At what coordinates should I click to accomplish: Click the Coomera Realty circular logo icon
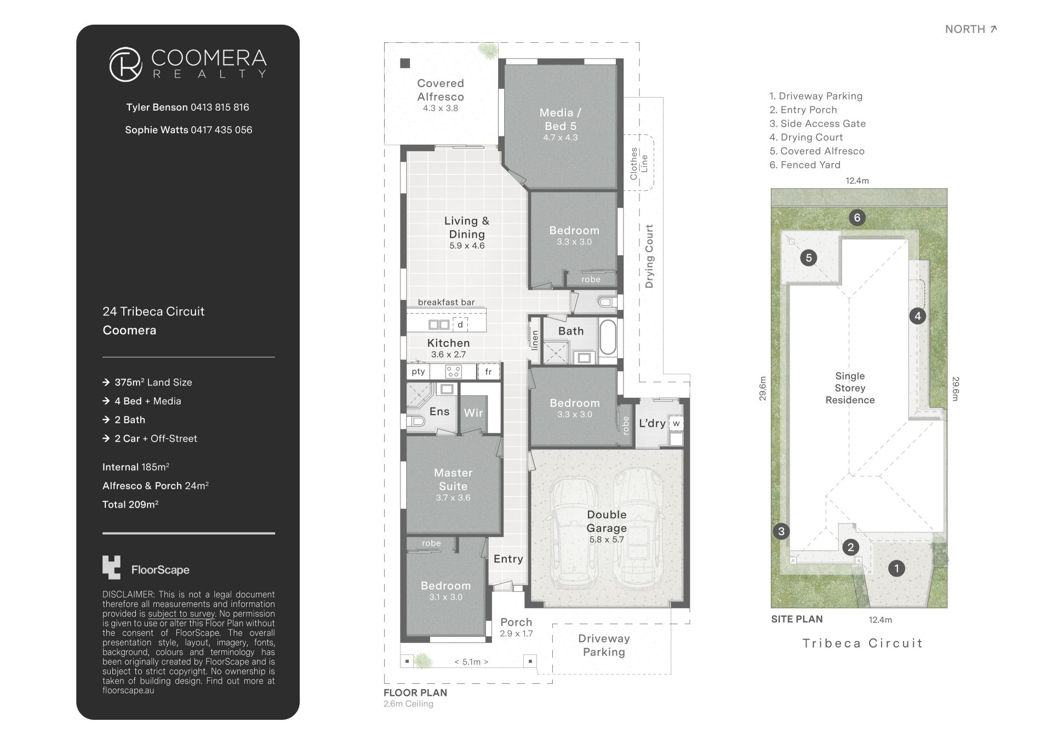click(126, 64)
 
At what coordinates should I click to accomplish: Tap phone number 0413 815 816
click(220, 107)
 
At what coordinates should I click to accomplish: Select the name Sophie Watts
click(156, 130)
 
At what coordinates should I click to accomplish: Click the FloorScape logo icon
click(111, 567)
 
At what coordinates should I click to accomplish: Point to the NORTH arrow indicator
click(993, 29)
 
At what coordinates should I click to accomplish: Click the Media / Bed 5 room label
click(561, 119)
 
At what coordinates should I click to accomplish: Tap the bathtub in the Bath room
click(608, 338)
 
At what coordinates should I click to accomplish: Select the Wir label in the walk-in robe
click(473, 413)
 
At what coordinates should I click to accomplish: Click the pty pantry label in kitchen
click(419, 371)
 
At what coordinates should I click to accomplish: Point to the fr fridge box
click(489, 371)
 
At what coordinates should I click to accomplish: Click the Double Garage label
click(607, 521)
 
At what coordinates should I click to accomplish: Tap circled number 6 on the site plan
click(857, 218)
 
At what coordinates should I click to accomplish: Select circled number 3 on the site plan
click(781, 531)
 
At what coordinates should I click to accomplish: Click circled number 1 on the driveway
click(896, 568)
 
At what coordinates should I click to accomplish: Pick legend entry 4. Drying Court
click(806, 137)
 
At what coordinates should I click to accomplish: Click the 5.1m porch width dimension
click(471, 662)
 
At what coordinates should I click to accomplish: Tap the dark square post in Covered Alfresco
click(405, 63)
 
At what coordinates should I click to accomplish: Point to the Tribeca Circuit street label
click(862, 643)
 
